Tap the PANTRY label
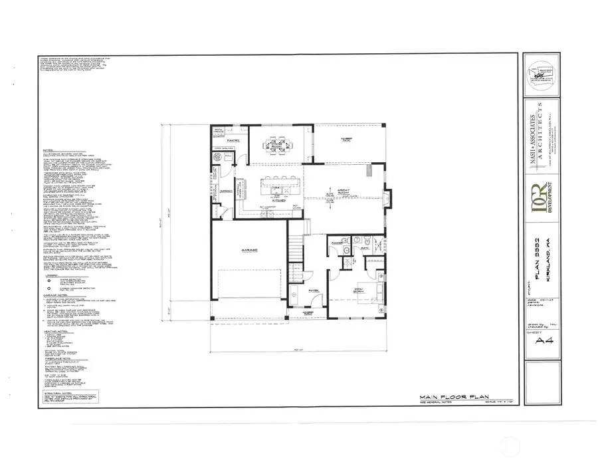point(234,142)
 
